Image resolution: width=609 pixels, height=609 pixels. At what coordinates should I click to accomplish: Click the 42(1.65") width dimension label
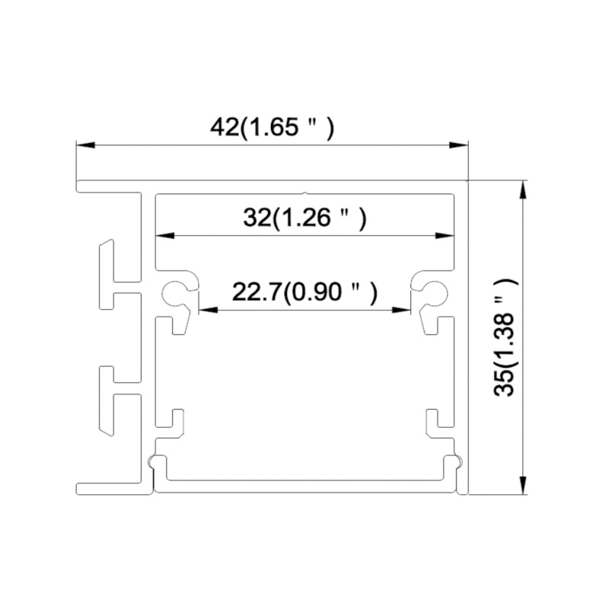(272, 127)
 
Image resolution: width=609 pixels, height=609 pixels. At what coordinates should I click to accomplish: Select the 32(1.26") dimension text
(305, 218)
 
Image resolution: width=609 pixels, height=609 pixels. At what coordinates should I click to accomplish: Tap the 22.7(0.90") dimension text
(304, 292)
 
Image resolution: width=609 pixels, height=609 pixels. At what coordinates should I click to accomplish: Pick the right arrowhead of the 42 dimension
(459, 145)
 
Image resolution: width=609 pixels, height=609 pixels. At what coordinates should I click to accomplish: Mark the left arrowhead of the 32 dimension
(164, 236)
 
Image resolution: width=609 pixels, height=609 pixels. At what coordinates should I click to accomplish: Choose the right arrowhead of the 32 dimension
(445, 236)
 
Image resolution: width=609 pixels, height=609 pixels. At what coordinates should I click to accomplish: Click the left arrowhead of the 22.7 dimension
(208, 310)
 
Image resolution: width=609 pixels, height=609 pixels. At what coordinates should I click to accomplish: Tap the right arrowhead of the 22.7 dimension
(401, 310)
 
